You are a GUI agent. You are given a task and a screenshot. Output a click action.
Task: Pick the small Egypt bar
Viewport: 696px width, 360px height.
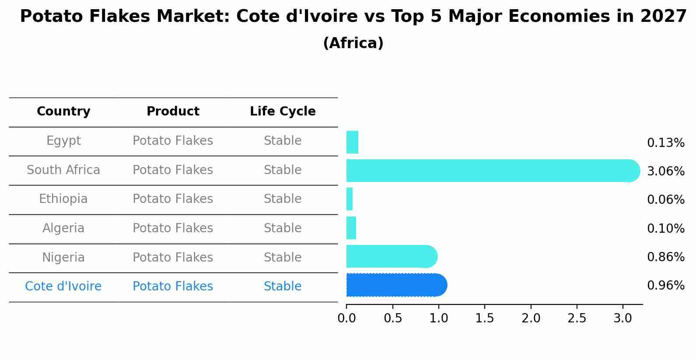[352, 142]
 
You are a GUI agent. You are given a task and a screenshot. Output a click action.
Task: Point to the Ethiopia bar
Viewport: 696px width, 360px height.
[350, 199]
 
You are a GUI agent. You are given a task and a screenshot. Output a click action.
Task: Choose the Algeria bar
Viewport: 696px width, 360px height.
[351, 228]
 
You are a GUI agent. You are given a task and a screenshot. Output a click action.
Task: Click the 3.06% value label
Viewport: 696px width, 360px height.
[665, 171]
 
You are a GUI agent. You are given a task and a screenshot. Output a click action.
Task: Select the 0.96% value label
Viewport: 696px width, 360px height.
[665, 286]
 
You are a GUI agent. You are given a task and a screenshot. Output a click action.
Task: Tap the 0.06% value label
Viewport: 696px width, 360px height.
[665, 200]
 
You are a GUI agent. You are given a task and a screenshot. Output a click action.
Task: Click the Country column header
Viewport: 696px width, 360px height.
[63, 112]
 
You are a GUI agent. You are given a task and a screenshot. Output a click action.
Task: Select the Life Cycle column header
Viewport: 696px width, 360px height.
[283, 112]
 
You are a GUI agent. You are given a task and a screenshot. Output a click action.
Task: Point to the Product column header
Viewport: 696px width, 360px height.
[173, 112]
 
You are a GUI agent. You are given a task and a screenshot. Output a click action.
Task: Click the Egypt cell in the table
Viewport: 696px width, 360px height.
[63, 141]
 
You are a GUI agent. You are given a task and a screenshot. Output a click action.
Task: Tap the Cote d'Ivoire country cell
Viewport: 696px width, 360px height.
[63, 287]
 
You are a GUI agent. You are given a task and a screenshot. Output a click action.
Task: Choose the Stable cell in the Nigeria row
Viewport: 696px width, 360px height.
[283, 257]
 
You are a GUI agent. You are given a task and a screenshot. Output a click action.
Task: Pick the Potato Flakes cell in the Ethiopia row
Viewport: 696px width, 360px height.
[173, 199]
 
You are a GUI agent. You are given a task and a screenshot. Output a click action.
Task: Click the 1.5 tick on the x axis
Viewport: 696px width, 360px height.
[485, 318]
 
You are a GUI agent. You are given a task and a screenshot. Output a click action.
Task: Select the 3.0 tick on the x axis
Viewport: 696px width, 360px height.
[623, 318]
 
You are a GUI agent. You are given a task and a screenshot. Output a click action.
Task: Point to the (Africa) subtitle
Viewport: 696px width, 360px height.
[353, 43]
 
